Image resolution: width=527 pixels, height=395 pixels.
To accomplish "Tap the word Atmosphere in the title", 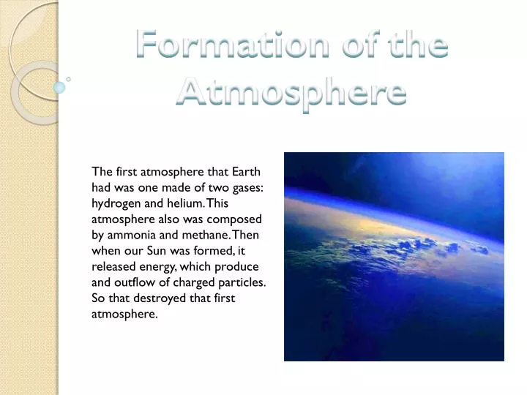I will [x=291, y=93].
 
